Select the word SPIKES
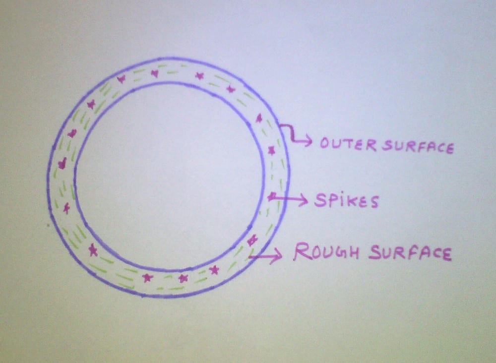(346, 200)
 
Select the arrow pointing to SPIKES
(293, 199)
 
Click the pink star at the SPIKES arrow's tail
(271, 197)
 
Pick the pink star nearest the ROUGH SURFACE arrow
(252, 241)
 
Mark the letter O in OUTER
(326, 143)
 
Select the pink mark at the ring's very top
(155, 73)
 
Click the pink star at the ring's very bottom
(183, 278)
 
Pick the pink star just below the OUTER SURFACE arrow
(271, 150)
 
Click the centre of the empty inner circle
(169, 177)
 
